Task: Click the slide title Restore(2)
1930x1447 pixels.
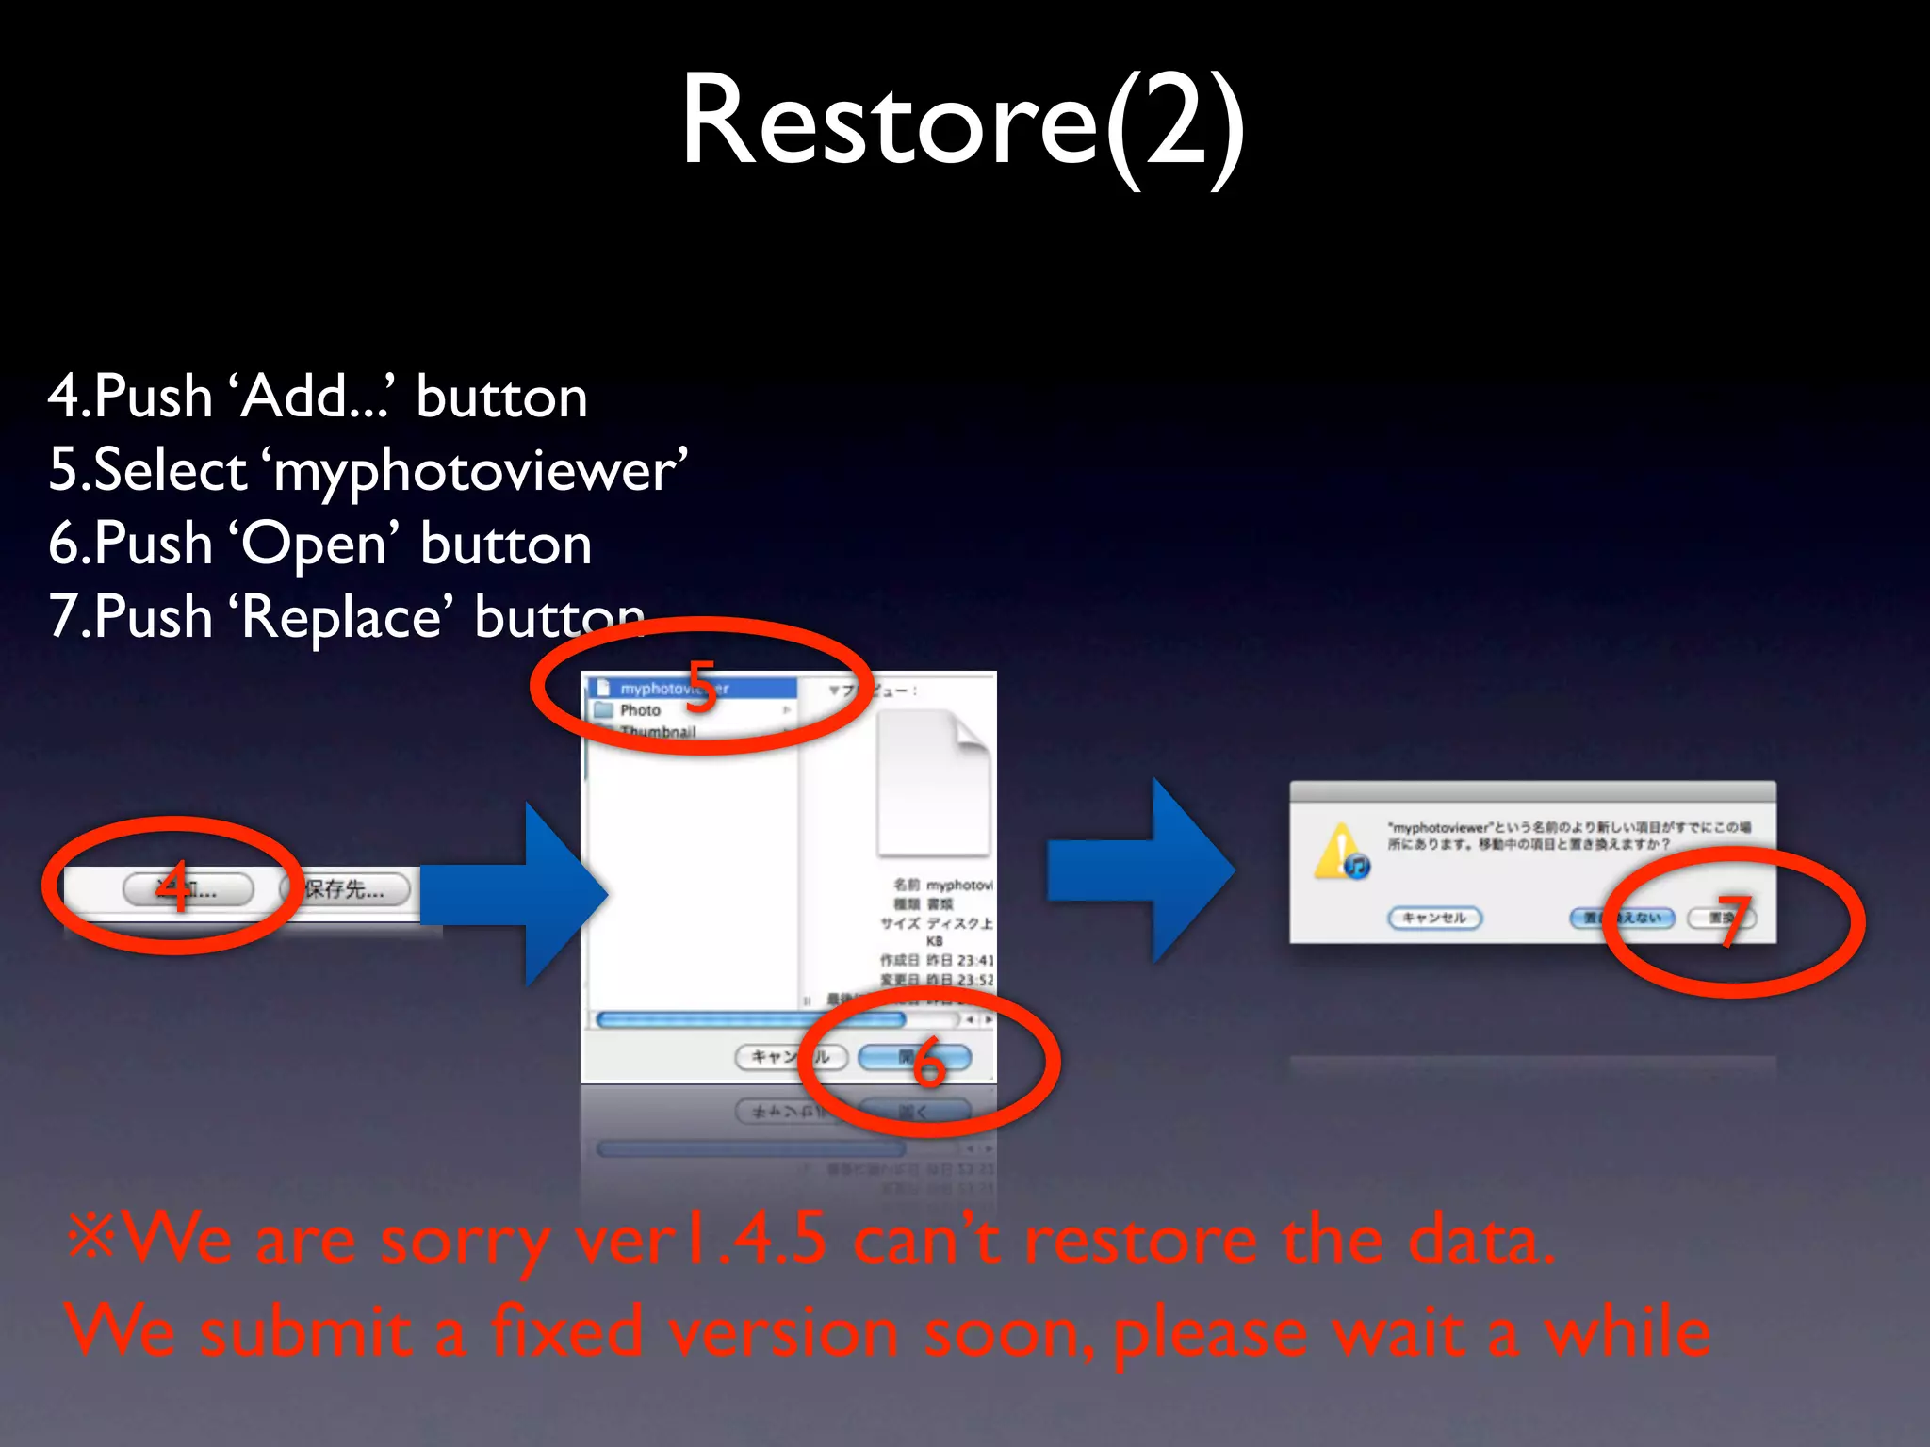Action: point(963,122)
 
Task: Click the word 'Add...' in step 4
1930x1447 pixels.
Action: point(316,396)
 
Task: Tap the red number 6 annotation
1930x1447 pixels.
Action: point(927,1062)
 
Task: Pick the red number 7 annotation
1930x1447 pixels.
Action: point(1732,920)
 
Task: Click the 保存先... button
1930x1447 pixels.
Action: point(345,888)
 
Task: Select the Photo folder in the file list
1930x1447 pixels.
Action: point(641,710)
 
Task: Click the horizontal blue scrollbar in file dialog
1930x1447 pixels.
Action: point(750,1019)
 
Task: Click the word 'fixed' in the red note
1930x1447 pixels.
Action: point(565,1330)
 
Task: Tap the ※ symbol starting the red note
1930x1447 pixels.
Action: point(92,1236)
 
